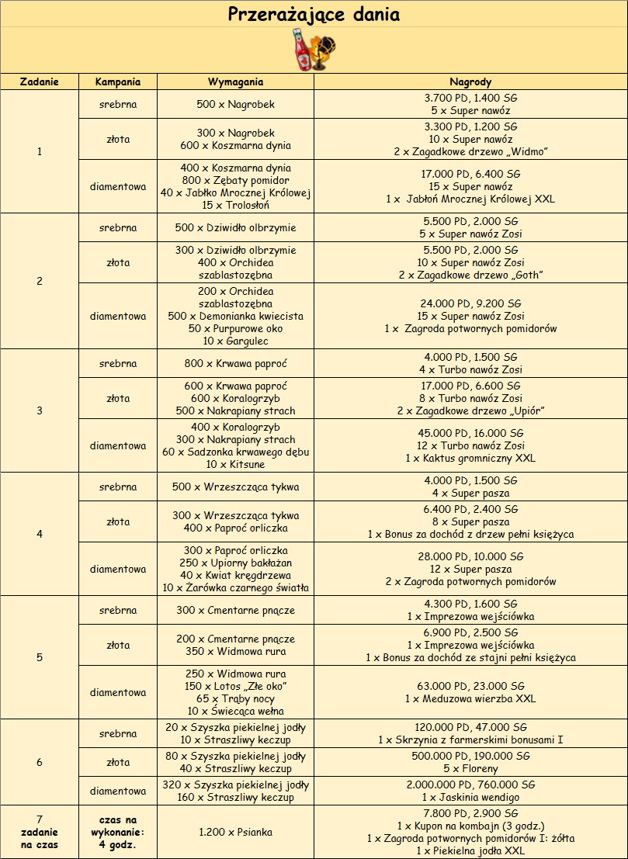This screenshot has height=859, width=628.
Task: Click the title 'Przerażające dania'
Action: (x=314, y=14)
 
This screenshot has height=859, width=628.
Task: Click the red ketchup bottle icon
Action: (x=301, y=50)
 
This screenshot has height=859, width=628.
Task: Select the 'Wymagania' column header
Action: (x=235, y=81)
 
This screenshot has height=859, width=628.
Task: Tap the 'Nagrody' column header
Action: (x=470, y=81)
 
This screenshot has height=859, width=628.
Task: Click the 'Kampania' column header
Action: (x=118, y=81)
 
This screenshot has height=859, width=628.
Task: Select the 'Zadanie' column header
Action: (x=39, y=81)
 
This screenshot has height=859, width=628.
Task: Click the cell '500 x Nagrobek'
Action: (x=235, y=104)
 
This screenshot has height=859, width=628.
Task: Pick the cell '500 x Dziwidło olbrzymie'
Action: (x=235, y=228)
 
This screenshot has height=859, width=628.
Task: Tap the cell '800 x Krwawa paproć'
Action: (x=235, y=363)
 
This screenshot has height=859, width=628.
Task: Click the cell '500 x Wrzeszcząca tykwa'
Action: (x=235, y=487)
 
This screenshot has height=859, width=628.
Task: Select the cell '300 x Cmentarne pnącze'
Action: (x=235, y=610)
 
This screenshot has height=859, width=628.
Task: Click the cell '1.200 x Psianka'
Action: (x=235, y=833)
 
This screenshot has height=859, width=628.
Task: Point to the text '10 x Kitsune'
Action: (x=235, y=465)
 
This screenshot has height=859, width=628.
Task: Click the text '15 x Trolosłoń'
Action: (x=235, y=206)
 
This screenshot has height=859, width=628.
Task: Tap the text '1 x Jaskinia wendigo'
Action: (x=470, y=797)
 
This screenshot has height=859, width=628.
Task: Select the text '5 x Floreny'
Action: (x=470, y=769)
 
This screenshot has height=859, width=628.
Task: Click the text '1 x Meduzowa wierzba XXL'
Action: (x=470, y=699)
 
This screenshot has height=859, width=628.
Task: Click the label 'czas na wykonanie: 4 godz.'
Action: (x=118, y=833)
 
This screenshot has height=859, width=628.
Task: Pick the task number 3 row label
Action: (x=39, y=410)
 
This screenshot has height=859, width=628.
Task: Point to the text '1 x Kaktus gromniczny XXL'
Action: (x=470, y=459)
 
